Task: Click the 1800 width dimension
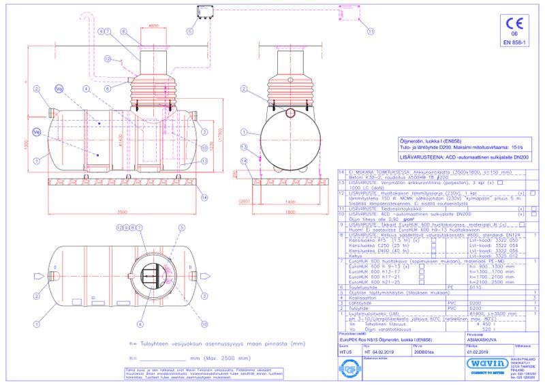point(290,213)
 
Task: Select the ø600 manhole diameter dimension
point(154,26)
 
